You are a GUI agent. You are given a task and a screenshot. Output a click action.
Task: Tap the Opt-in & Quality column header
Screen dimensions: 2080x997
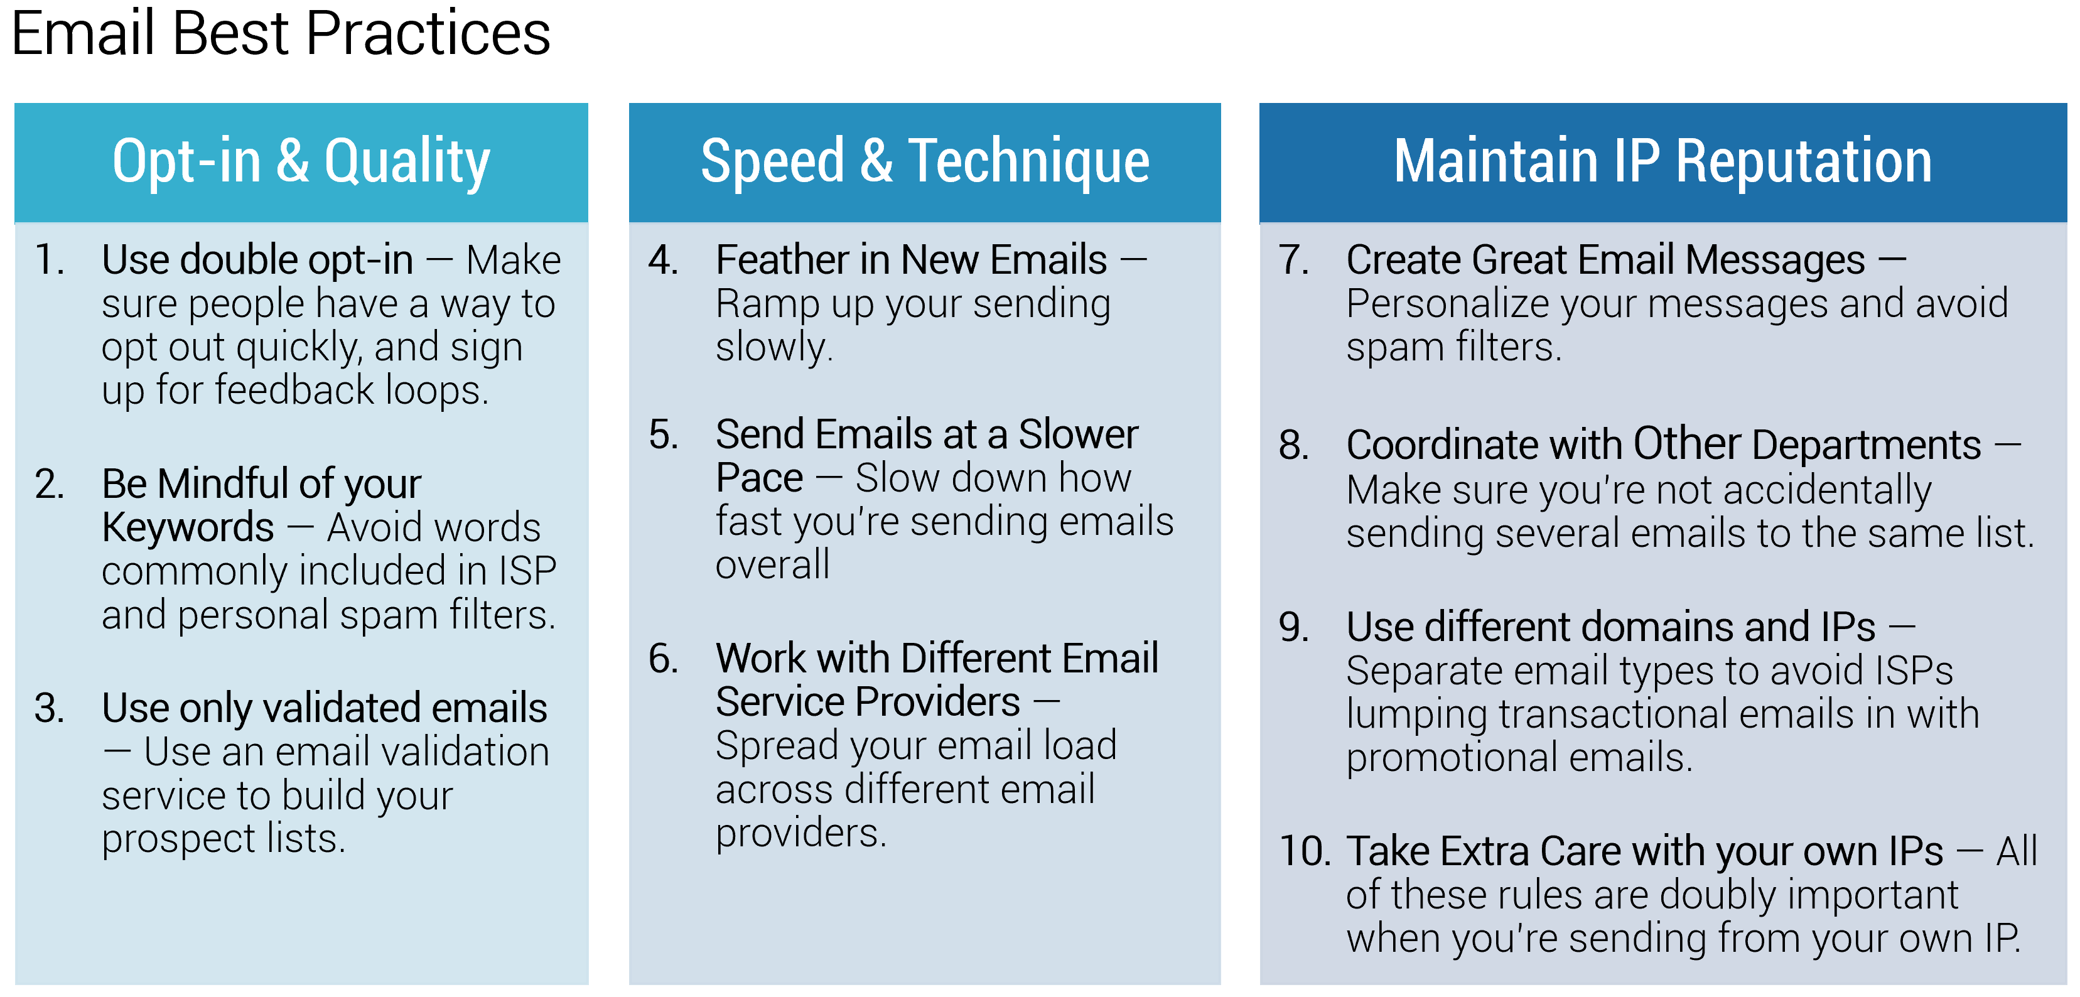(301, 161)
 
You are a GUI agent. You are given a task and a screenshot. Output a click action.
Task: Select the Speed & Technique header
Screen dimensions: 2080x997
(925, 161)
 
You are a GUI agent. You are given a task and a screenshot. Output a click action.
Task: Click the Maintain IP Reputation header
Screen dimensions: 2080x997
(1662, 161)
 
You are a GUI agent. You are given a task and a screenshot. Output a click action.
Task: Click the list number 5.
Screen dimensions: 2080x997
(663, 435)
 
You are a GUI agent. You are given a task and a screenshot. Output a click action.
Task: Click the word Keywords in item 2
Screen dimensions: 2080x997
(187, 528)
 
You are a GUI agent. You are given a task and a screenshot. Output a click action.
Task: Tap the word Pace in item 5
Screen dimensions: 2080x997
(759, 478)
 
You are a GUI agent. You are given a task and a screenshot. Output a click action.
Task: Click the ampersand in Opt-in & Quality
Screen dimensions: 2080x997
(293, 161)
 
